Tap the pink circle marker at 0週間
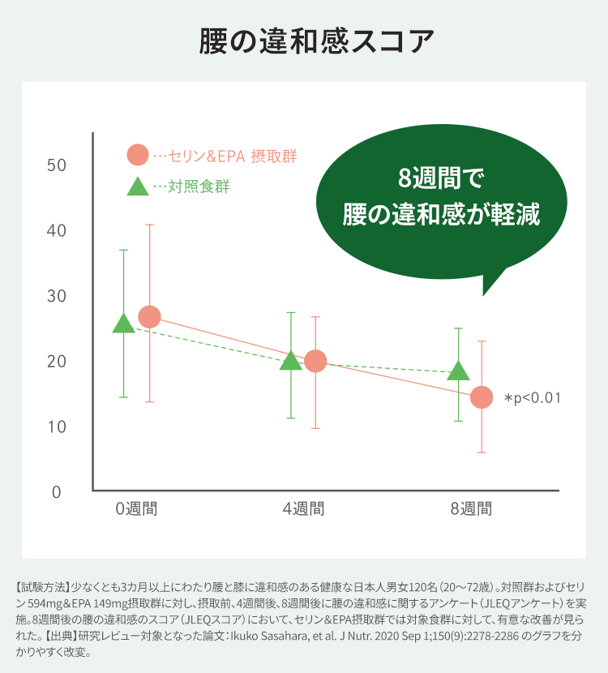(149, 317)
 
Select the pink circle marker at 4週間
(315, 361)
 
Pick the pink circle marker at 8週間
(482, 397)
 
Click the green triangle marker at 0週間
(123, 324)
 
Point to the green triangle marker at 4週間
(291, 361)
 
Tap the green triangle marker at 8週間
(458, 371)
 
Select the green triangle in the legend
(138, 186)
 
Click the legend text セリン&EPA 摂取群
(231, 156)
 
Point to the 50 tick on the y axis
(56, 165)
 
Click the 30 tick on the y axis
(56, 296)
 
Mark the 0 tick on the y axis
(57, 492)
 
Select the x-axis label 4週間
(303, 509)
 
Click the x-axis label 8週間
(471, 509)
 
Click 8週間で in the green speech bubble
(440, 178)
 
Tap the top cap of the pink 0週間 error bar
(149, 224)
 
